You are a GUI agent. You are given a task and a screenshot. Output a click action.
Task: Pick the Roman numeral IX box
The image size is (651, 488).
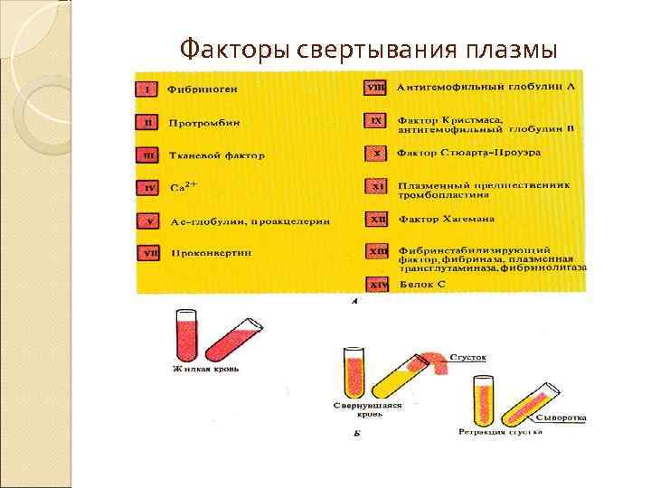tap(376, 120)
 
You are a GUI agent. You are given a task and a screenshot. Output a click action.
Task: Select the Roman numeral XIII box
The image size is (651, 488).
tap(376, 250)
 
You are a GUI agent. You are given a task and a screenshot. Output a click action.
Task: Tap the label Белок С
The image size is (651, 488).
tap(420, 284)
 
